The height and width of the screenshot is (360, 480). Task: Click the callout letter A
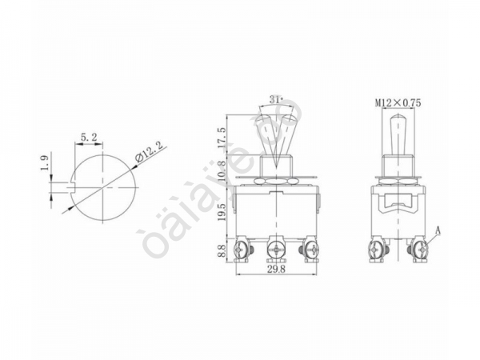[x=439, y=232]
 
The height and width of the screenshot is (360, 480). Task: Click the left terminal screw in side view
[x=376, y=250]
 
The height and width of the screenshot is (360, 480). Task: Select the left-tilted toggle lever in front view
[x=266, y=132]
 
